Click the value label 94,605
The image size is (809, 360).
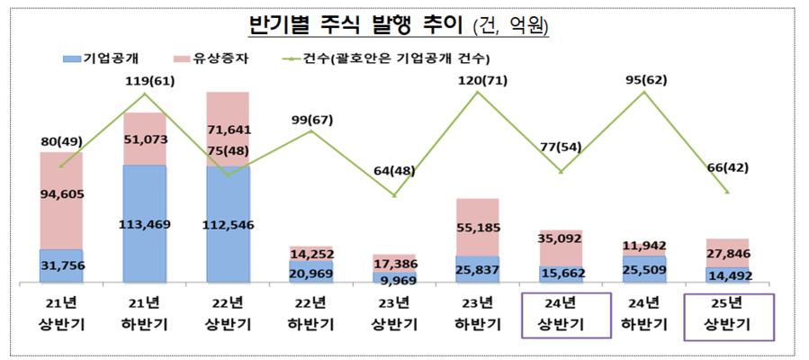tap(60, 193)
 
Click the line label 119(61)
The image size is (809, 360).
tap(146, 83)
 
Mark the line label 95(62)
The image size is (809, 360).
tap(645, 80)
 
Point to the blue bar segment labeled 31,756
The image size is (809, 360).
tap(60, 266)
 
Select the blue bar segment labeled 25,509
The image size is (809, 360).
tap(645, 270)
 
